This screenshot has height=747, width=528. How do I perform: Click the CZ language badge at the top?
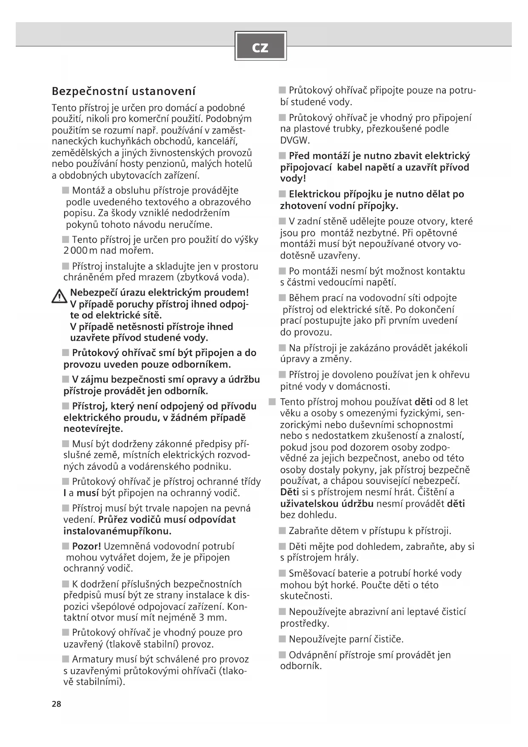click(x=260, y=46)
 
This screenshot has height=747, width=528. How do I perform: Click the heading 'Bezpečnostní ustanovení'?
click(x=124, y=91)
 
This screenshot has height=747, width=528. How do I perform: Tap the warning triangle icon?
click(x=59, y=296)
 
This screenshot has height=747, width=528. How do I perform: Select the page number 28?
click(x=57, y=704)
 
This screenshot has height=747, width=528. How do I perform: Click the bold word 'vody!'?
click(x=293, y=178)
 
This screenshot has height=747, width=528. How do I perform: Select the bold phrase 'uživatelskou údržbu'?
click(x=327, y=504)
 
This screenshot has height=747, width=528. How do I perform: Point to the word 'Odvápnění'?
click(x=312, y=655)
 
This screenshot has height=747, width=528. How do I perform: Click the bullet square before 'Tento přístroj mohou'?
click(x=273, y=402)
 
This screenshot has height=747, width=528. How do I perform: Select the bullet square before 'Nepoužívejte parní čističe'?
click(x=283, y=639)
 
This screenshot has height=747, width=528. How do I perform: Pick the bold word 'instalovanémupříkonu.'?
click(x=117, y=531)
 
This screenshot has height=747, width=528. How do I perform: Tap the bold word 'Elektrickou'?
click(x=314, y=194)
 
